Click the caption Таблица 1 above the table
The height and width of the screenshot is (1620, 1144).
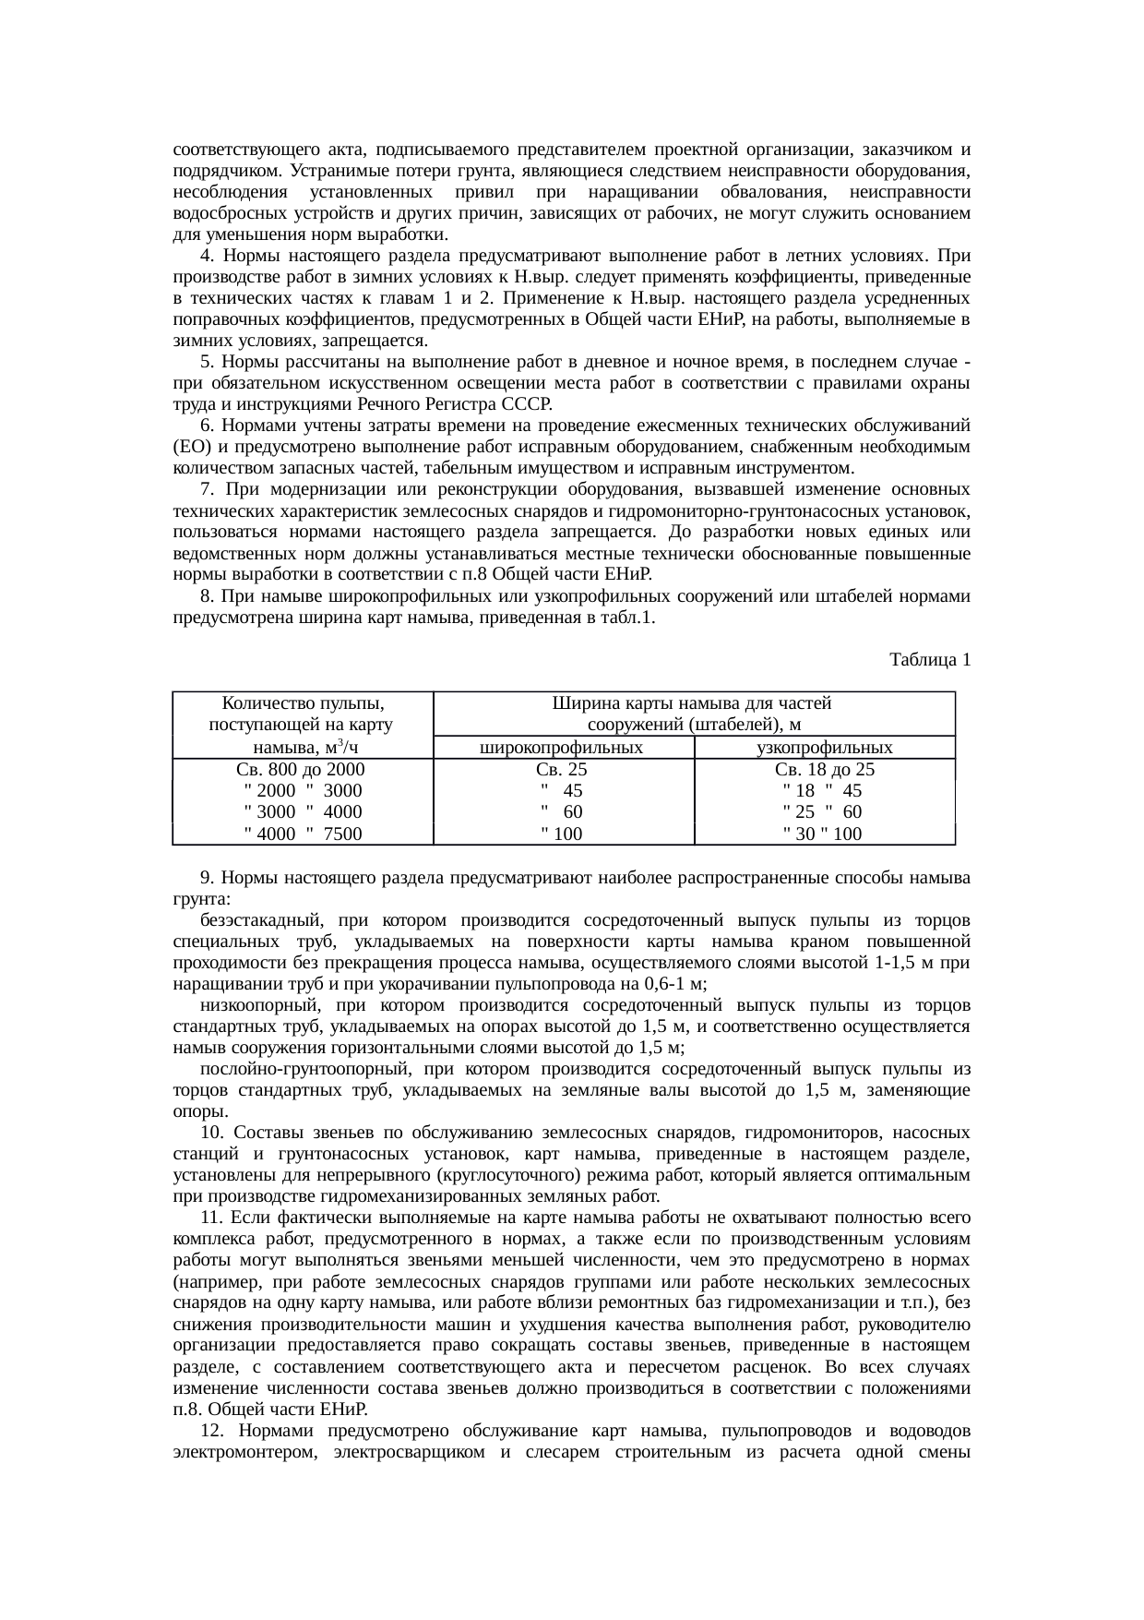point(929,660)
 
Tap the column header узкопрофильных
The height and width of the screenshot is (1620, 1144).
point(824,748)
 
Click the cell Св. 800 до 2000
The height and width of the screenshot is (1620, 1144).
point(301,770)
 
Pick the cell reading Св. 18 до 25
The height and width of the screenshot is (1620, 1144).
point(824,770)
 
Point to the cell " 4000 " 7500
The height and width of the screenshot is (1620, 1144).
point(302,834)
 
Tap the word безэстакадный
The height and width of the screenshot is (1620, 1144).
point(259,920)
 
